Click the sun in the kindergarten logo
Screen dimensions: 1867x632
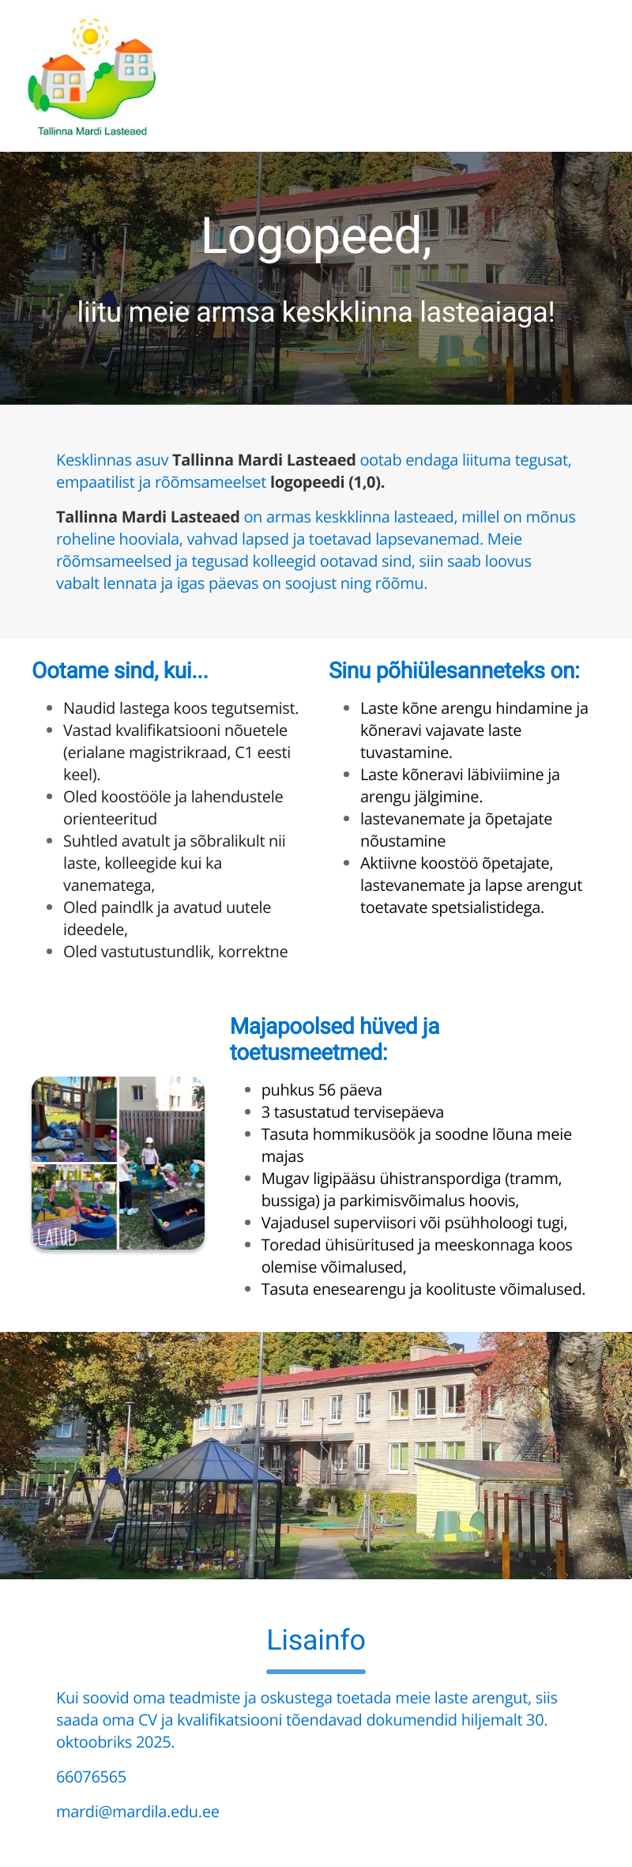90,36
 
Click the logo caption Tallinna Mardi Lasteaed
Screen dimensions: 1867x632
92,131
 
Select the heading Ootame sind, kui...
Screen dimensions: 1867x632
120,670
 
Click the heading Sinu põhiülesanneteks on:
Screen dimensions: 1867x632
454,670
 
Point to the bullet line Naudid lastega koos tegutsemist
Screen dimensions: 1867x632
181,708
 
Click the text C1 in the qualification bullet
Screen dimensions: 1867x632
244,752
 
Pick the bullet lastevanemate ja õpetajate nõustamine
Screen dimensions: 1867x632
456,830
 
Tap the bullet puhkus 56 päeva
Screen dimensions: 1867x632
322,1090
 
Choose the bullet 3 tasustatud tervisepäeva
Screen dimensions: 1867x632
352,1112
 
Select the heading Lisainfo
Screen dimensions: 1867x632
316,1640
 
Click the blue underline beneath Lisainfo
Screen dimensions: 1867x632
316,1672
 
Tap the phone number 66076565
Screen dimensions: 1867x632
91,1777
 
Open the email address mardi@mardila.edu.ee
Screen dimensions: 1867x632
137,1812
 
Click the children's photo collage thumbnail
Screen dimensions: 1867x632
118,1163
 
